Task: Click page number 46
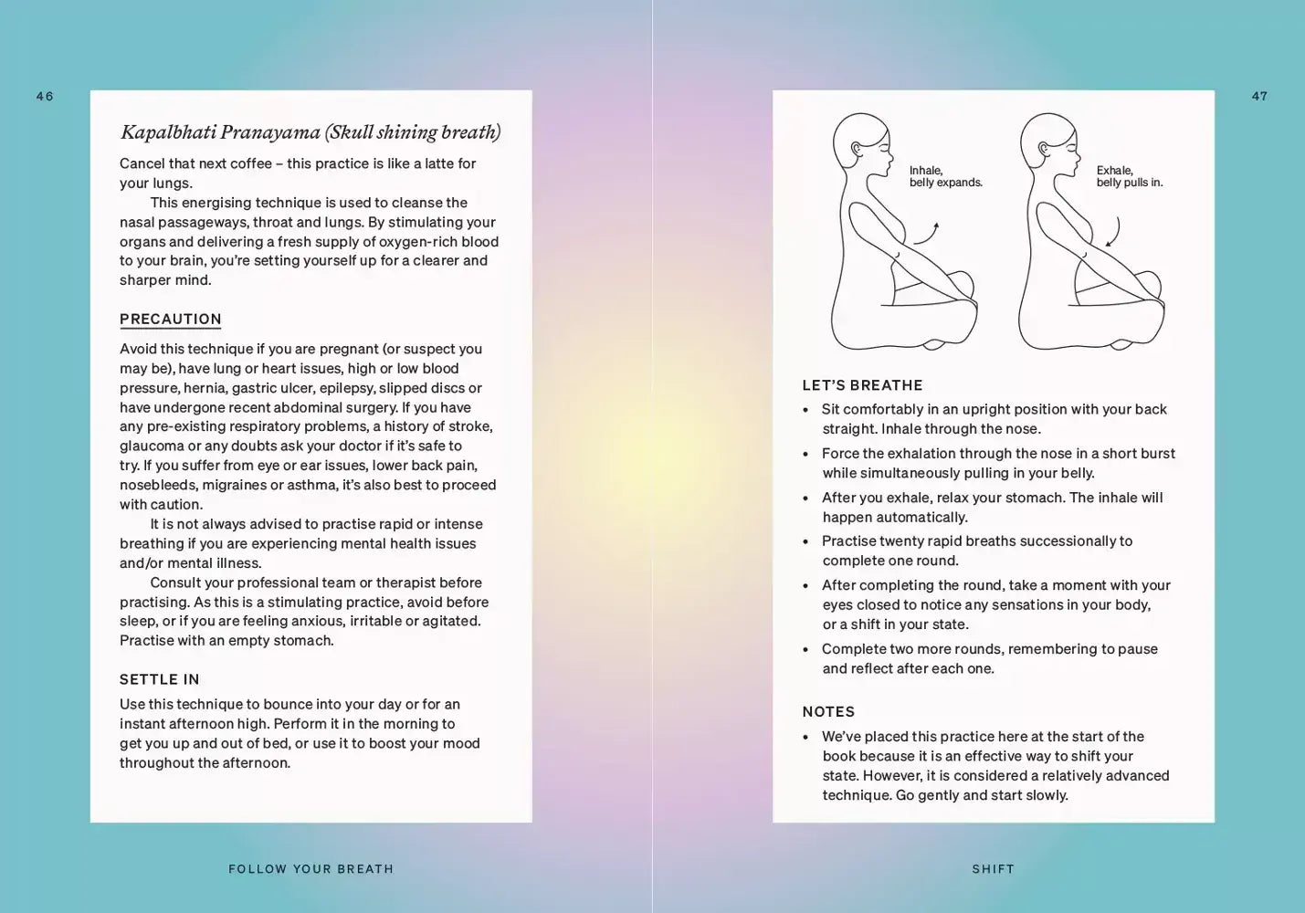[45, 96]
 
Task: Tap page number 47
[1259, 96]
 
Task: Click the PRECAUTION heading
[171, 319]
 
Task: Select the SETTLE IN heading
[159, 679]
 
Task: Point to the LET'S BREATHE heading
[862, 385]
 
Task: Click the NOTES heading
[828, 711]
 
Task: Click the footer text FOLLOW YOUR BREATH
[310, 869]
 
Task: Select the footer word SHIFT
[993, 869]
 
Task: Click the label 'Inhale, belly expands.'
[945, 176]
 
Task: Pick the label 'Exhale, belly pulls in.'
[1129, 176]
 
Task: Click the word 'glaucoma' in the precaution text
[152, 446]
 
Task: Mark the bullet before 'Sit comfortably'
[805, 410]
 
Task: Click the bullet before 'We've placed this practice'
[805, 738]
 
